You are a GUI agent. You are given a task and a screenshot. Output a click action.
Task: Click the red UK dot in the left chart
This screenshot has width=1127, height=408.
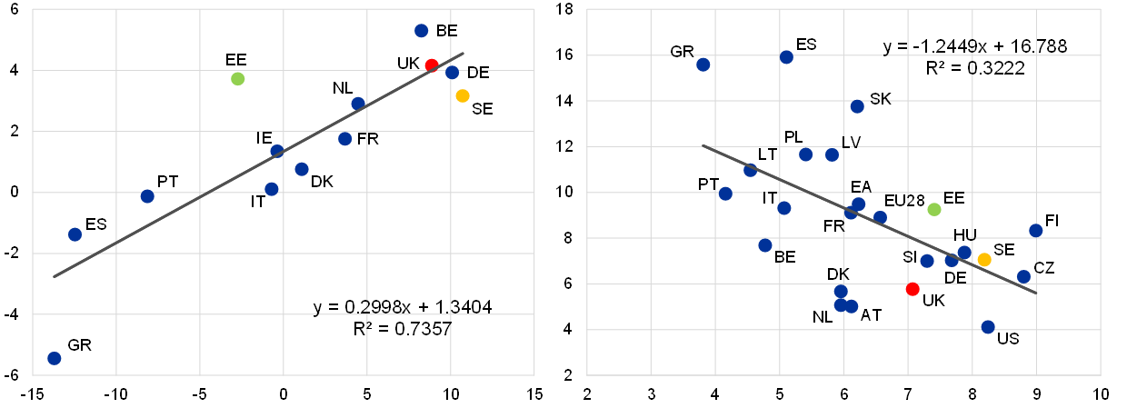(432, 65)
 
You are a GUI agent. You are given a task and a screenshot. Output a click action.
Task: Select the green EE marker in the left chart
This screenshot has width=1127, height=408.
(238, 79)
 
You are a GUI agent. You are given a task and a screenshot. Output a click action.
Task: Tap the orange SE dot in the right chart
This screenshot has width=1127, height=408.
(984, 260)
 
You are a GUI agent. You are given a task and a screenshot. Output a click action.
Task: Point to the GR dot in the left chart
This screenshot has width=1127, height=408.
(55, 358)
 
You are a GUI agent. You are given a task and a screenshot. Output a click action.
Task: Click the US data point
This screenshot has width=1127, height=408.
(988, 327)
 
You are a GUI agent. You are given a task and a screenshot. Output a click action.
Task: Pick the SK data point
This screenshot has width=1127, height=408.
(857, 106)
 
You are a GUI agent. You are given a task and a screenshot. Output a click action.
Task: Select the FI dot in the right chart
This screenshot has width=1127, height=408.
(1036, 231)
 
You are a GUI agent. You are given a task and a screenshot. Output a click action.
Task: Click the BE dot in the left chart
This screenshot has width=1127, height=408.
(422, 31)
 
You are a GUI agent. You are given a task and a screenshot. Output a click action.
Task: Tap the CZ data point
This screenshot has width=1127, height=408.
(1024, 277)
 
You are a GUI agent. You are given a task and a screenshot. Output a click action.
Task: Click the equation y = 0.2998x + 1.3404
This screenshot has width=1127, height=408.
(403, 307)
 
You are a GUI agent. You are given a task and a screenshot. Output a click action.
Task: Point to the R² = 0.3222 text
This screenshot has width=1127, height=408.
(975, 68)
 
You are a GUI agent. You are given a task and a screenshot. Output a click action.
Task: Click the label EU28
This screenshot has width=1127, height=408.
(904, 201)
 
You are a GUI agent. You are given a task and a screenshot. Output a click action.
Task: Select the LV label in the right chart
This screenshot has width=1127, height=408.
(852, 143)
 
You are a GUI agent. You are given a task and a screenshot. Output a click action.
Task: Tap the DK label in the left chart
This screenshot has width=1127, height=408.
(322, 182)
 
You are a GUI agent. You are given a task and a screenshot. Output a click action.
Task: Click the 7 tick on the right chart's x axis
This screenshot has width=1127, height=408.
(908, 393)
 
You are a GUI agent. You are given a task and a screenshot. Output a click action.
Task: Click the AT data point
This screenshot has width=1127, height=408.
(852, 306)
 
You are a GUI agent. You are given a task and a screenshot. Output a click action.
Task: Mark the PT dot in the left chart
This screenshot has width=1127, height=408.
(147, 196)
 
